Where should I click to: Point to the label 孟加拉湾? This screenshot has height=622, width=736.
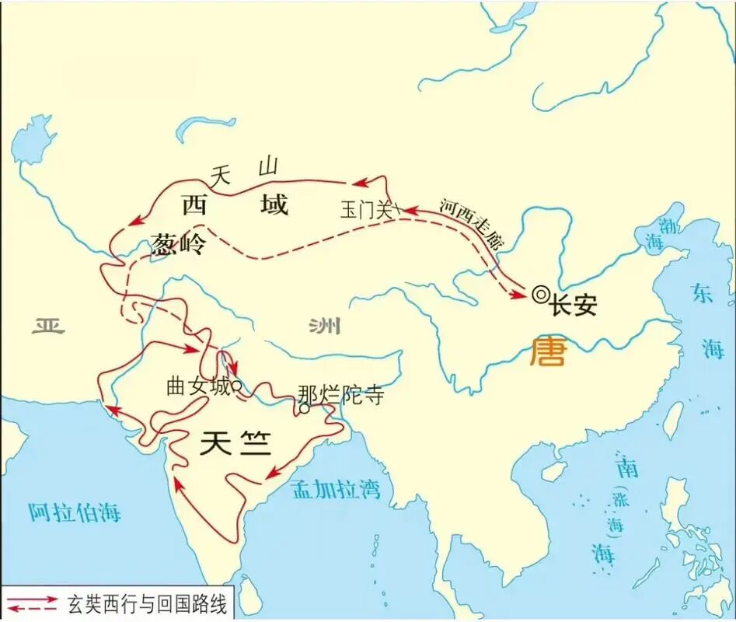click(336, 489)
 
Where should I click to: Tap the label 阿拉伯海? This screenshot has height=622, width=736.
click(75, 512)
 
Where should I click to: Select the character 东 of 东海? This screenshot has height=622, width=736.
click(702, 293)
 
